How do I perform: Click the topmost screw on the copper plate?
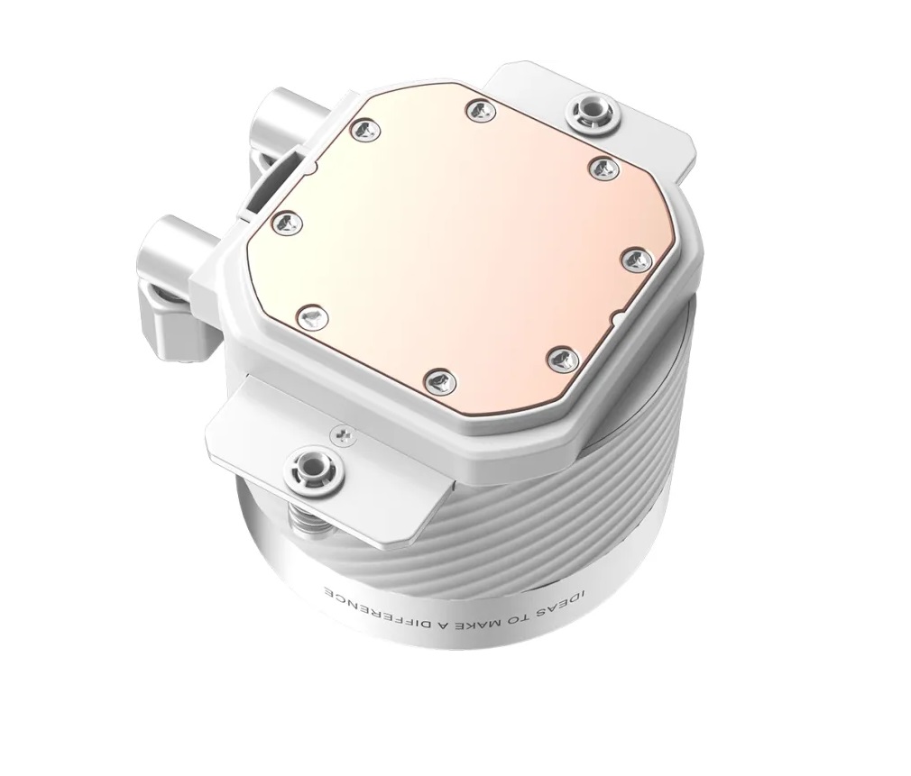click(x=482, y=109)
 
